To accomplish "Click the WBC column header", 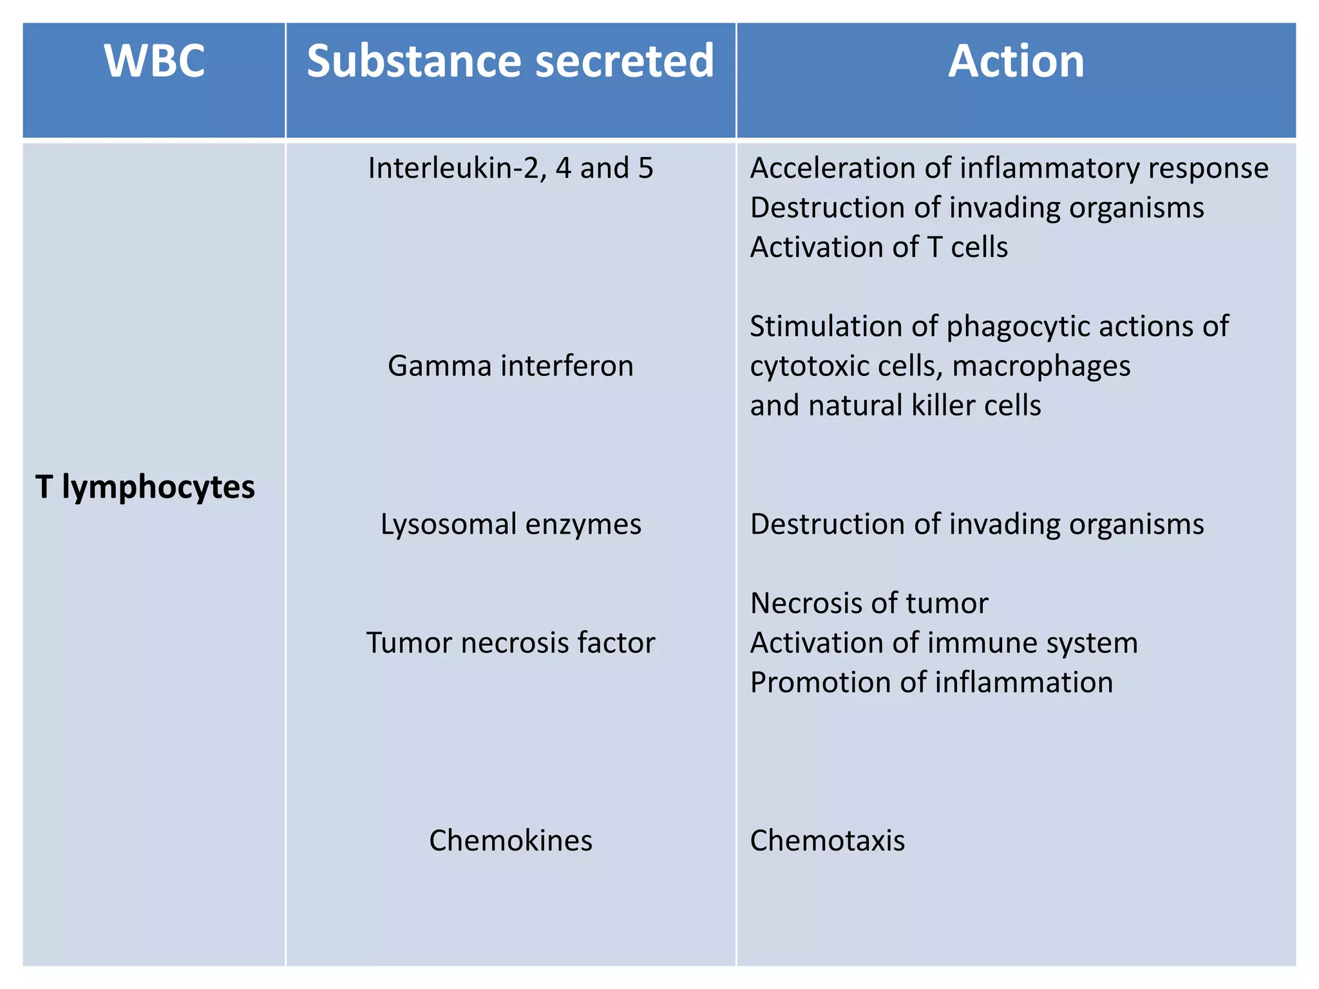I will (x=155, y=62).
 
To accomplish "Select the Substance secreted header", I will (x=510, y=62).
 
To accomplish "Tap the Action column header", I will (x=1016, y=62).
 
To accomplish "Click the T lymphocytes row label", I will (x=145, y=487).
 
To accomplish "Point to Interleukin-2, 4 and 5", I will (x=510, y=169).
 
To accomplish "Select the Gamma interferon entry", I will (x=510, y=366).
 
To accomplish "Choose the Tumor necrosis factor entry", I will (x=510, y=643).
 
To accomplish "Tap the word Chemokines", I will (x=510, y=841).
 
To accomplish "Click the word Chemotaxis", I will (x=828, y=841).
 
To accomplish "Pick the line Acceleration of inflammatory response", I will (x=1009, y=169).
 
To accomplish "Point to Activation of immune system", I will (x=944, y=643).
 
